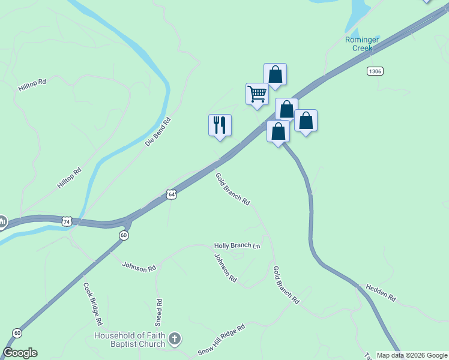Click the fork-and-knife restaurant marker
(220, 125)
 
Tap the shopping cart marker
(257, 94)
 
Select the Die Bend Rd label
(158, 132)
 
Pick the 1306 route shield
(375, 71)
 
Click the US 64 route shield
(172, 195)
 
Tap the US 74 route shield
(67, 221)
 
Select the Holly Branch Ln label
(238, 246)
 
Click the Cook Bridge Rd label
(92, 304)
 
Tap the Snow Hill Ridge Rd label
(222, 340)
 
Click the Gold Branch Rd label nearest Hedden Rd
(286, 285)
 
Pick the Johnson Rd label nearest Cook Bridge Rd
(139, 267)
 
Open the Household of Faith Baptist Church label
(129, 340)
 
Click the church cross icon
(174, 339)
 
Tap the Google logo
(20, 353)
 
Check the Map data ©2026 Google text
(412, 355)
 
